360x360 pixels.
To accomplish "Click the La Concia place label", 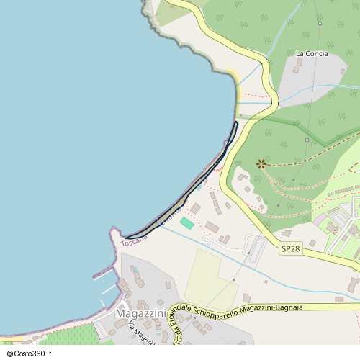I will tap(312, 53).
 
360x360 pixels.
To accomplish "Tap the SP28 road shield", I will tap(290, 248).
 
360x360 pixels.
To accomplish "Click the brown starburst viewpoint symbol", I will tap(261, 164).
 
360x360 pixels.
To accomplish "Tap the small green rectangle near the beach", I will tap(186, 223).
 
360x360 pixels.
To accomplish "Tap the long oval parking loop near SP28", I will tap(255, 248).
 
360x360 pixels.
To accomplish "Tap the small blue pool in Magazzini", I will tap(135, 269).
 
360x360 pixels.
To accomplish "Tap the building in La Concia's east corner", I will tap(343, 71).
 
